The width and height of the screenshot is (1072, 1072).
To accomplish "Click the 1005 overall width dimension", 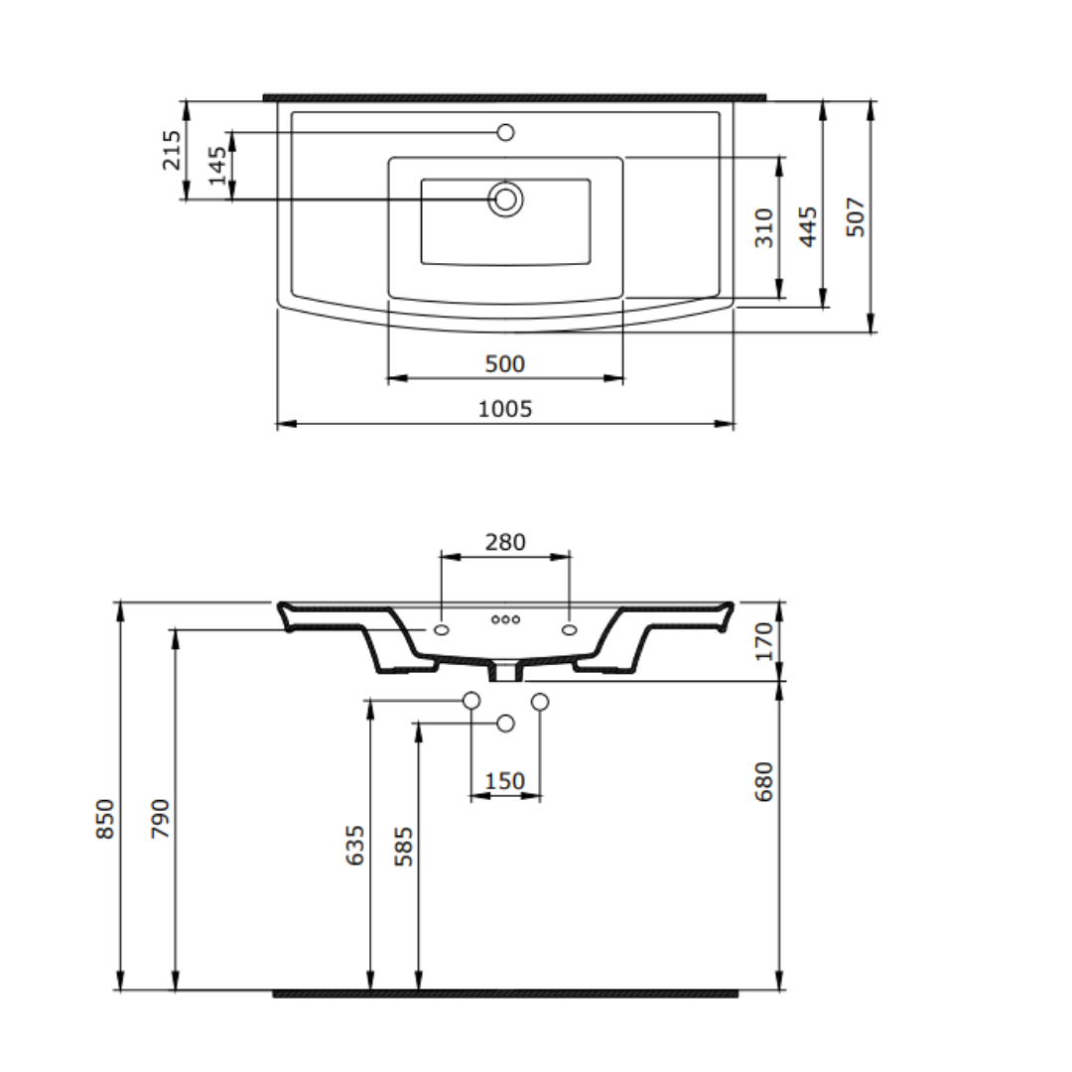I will (x=505, y=408).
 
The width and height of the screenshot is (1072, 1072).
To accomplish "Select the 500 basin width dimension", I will (x=505, y=364).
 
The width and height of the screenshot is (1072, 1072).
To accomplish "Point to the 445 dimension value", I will (x=809, y=226).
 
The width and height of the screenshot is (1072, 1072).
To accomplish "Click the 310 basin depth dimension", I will (x=763, y=228).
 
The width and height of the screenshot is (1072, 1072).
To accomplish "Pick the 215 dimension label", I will (x=172, y=150).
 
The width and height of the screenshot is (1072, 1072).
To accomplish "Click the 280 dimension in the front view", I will (x=505, y=542).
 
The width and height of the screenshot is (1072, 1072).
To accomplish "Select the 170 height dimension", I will (x=763, y=641).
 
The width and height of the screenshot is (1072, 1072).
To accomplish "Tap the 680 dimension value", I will (x=763, y=781).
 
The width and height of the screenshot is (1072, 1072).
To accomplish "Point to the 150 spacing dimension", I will (x=505, y=781).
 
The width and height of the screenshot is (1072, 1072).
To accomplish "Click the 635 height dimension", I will (x=355, y=845).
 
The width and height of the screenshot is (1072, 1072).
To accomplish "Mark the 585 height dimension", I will (x=403, y=847).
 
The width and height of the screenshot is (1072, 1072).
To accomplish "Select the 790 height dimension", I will (x=161, y=818).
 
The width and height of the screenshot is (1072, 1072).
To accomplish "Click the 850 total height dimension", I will (x=105, y=818).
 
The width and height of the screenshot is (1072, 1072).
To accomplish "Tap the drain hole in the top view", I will (x=505, y=200).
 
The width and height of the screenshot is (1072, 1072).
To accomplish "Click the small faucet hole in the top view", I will (x=505, y=132).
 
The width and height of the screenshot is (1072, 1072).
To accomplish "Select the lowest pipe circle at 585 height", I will (x=505, y=723).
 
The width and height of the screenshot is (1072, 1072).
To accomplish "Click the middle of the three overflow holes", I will (x=505, y=619).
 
